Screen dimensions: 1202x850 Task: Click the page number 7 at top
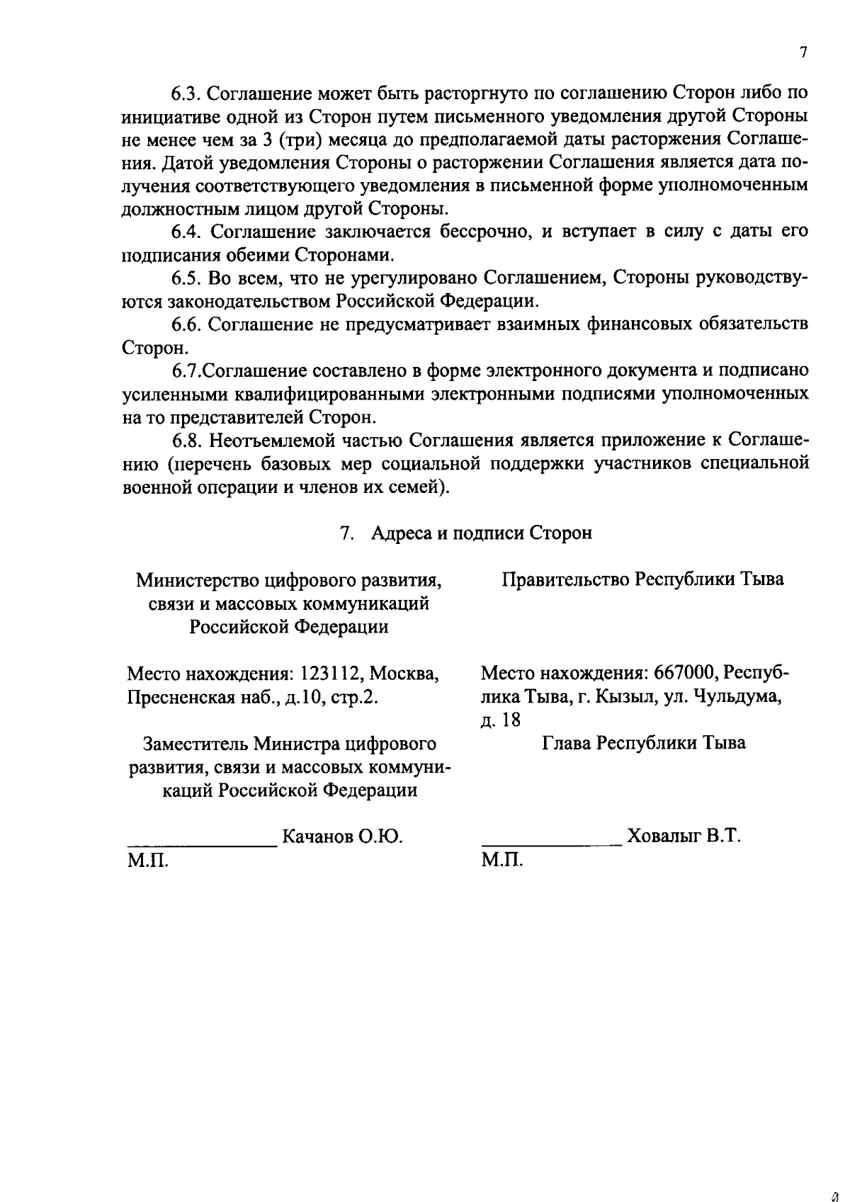[803, 53]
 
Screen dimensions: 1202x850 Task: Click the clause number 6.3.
[186, 93]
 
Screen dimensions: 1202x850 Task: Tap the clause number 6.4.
[186, 232]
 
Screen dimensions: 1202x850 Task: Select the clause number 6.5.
[186, 278]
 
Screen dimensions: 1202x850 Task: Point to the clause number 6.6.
[186, 324]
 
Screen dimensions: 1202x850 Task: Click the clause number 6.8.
[186, 441]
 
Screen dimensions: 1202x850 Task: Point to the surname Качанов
[317, 837]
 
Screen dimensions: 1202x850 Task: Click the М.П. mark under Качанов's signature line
[148, 861]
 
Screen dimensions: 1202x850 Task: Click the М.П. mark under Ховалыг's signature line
[502, 861]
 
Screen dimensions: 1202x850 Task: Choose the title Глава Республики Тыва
[644, 743]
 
